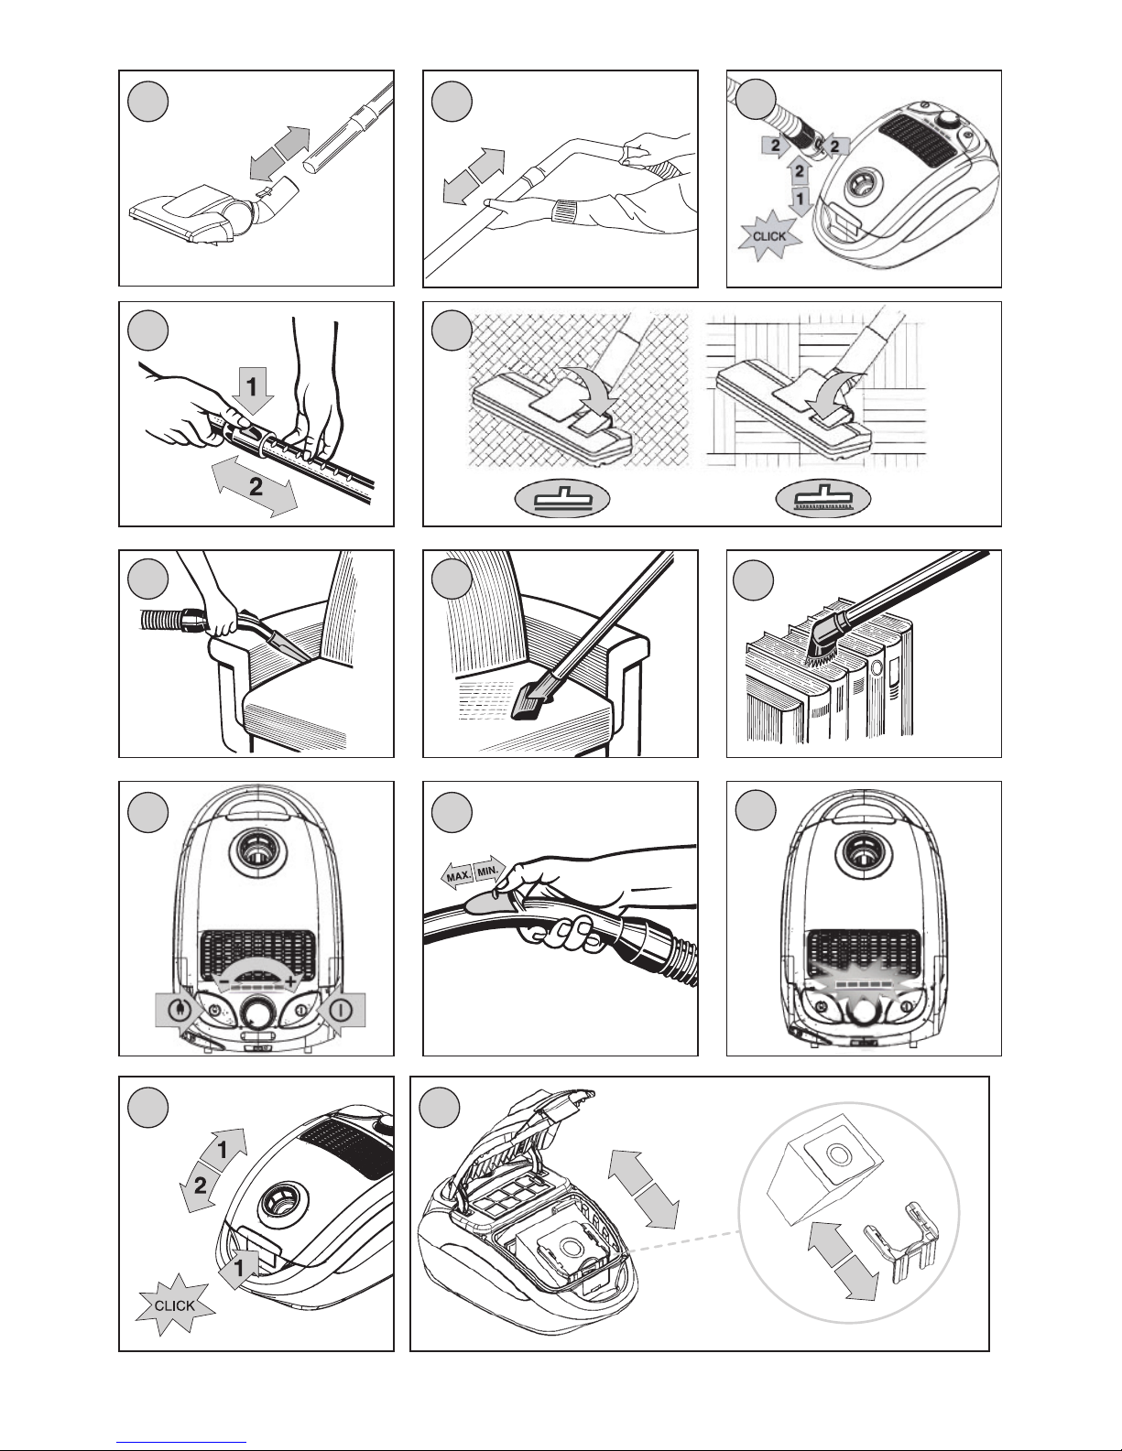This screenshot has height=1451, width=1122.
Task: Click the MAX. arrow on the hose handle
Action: [458, 875]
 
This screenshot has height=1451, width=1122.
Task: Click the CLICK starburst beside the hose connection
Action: [769, 235]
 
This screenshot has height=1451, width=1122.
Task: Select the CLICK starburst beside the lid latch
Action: [175, 1305]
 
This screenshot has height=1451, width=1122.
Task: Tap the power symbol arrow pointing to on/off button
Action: [341, 1011]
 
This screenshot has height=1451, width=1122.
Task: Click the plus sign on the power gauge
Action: [289, 981]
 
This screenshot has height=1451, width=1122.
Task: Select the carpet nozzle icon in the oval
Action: [562, 500]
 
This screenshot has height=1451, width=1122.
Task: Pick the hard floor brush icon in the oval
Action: [823, 499]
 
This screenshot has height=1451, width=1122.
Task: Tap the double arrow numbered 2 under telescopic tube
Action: [256, 486]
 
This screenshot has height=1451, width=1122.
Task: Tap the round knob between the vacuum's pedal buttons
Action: [256, 1013]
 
